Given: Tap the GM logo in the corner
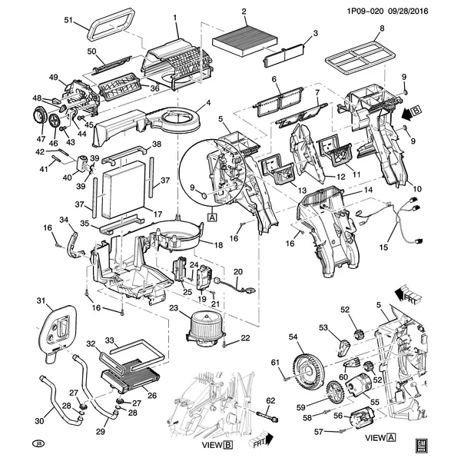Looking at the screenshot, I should (x=420, y=443).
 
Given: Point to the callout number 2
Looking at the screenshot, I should (x=244, y=12).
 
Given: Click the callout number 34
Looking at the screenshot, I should (x=65, y=221).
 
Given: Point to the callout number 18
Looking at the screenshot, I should (x=218, y=245).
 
